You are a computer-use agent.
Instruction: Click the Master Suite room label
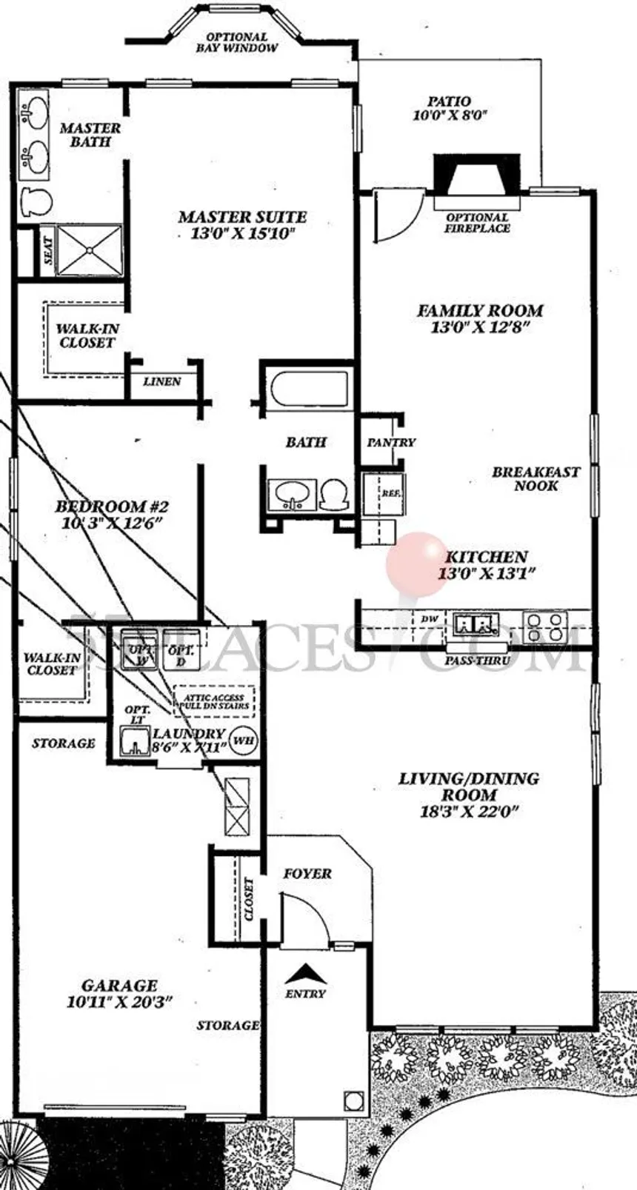tap(242, 217)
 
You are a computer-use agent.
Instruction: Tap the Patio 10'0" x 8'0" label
tap(449, 108)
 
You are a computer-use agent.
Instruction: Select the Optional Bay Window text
tap(236, 42)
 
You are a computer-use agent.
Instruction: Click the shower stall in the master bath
tap(89, 250)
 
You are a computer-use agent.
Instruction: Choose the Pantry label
tap(390, 442)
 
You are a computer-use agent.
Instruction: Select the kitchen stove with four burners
tap(545, 626)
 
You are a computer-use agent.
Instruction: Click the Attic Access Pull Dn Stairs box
tap(213, 701)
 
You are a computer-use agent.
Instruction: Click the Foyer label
tap(307, 874)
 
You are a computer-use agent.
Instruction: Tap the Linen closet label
tap(162, 381)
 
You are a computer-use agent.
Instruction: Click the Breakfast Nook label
tap(536, 478)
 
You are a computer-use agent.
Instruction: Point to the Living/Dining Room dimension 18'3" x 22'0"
tap(468, 811)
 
